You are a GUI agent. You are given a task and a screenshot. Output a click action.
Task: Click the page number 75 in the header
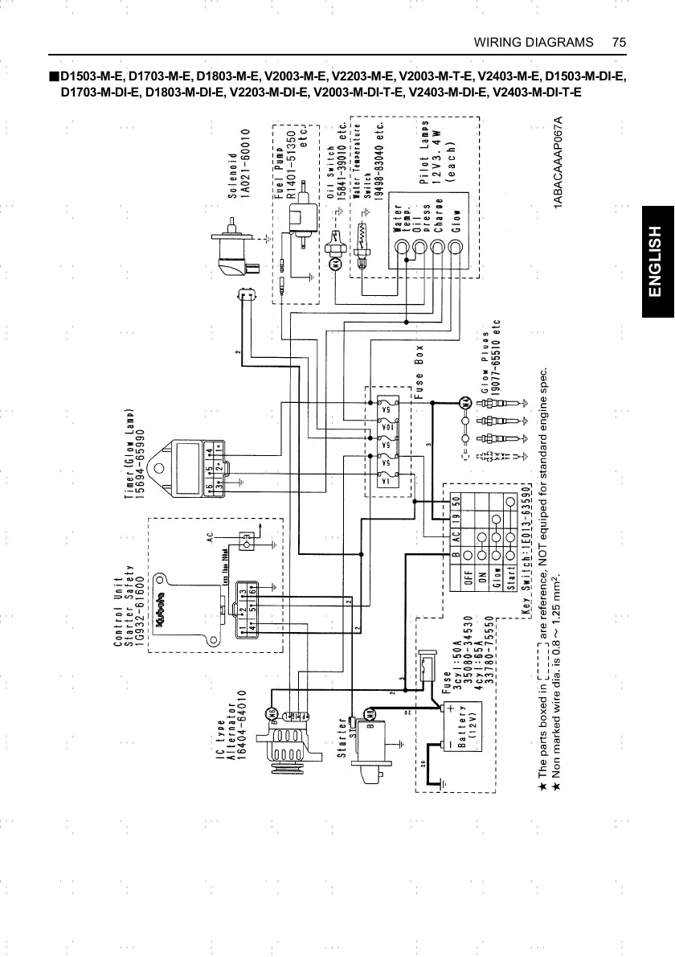click(x=618, y=41)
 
